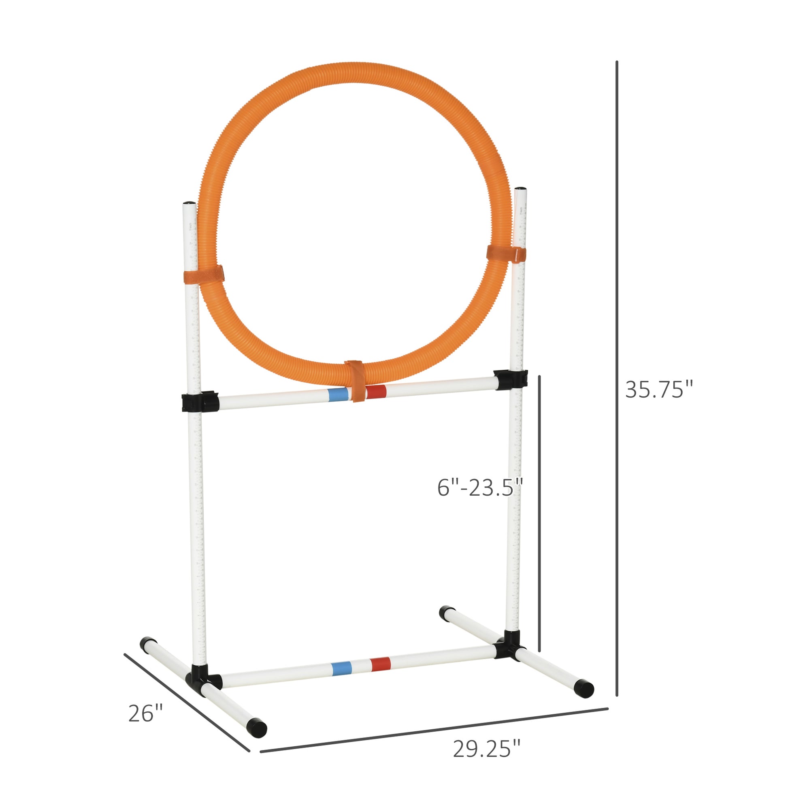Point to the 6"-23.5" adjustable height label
coord(480,488)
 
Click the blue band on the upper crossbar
coord(338,394)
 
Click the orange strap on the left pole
coord(204,275)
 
